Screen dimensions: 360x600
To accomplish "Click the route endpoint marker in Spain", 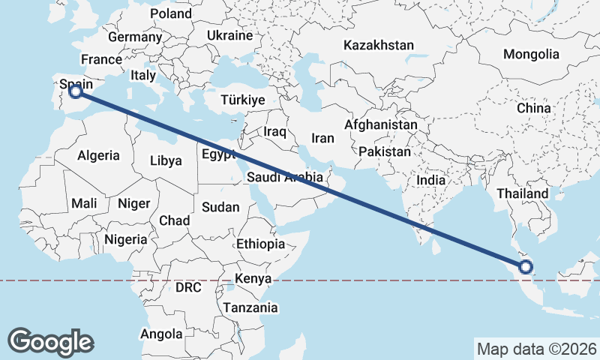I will [x=76, y=91].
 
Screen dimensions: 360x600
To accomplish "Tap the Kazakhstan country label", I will [x=378, y=46].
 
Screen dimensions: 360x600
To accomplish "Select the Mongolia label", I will [x=531, y=54].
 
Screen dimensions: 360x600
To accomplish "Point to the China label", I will [x=533, y=108].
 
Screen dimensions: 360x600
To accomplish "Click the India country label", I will [x=430, y=180].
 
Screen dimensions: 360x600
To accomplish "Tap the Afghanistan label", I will [x=381, y=124].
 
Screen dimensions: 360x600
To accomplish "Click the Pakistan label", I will [x=385, y=151].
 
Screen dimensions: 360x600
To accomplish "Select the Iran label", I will [x=322, y=139].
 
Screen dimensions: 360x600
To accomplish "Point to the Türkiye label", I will [x=243, y=100].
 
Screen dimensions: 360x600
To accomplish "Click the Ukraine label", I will [x=230, y=35].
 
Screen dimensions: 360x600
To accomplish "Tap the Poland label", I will [x=171, y=13].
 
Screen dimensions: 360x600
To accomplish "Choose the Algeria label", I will [x=98, y=155].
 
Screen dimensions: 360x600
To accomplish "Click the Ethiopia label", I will [x=260, y=244].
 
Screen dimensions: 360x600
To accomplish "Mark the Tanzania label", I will [x=250, y=307].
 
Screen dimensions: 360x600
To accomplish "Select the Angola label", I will [x=161, y=334].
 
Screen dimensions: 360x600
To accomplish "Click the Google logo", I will [x=50, y=341].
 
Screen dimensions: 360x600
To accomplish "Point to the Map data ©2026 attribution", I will [x=537, y=349].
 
